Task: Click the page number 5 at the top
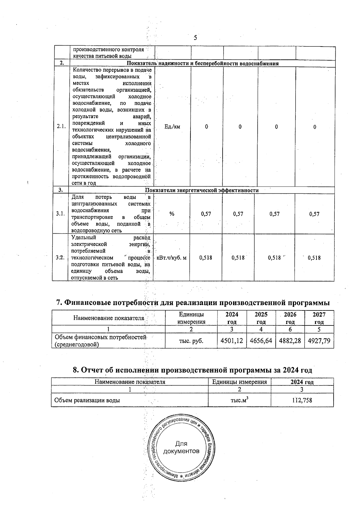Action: (195, 38)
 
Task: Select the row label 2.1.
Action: (61, 127)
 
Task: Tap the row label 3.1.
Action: (60, 214)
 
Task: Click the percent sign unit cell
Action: (172, 214)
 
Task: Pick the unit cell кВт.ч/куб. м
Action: (171, 258)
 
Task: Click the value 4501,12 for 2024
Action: (231, 341)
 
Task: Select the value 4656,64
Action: (261, 341)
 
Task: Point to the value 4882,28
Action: (290, 341)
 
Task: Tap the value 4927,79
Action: (319, 341)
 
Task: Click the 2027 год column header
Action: (319, 318)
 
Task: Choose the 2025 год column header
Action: (261, 318)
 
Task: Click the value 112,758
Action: (302, 400)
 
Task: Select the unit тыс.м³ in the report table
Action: (239, 400)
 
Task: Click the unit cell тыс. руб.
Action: (191, 341)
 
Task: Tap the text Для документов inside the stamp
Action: (181, 448)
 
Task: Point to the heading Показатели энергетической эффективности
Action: (202, 190)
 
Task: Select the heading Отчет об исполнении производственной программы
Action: (193, 370)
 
